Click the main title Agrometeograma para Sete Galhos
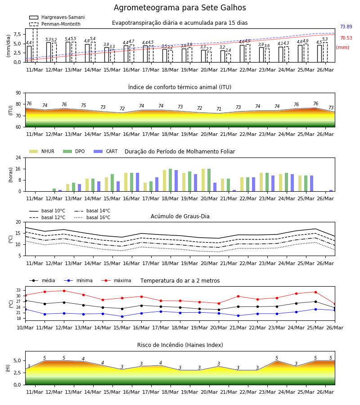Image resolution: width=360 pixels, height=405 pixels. click(x=180, y=8)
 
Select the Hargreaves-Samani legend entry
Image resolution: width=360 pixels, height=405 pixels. click(x=57, y=17)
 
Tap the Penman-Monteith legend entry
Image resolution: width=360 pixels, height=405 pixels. click(x=55, y=24)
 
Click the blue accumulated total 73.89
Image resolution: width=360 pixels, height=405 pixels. click(x=346, y=27)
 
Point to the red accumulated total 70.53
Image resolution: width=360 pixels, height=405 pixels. click(x=346, y=38)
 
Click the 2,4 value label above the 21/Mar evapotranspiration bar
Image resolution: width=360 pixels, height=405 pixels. click(x=228, y=50)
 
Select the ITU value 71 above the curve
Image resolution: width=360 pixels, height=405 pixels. click(x=219, y=109)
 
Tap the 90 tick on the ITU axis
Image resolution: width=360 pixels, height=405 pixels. click(x=18, y=93)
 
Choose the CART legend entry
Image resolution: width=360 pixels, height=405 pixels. click(x=106, y=151)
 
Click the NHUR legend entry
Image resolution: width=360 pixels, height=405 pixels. click(x=42, y=151)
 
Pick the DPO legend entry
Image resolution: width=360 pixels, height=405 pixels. click(x=74, y=151)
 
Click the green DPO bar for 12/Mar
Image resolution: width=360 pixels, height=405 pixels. click(x=54, y=190)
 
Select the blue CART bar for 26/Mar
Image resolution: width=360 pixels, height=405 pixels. click(x=331, y=191)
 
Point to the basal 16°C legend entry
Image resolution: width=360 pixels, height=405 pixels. click(x=92, y=217)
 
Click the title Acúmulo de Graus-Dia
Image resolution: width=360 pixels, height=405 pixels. click(x=180, y=216)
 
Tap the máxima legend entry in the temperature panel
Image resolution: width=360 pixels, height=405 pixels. click(x=116, y=280)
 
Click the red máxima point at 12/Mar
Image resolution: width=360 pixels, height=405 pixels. click(x=64, y=291)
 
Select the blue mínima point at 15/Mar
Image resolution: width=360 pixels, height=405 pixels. click(x=122, y=316)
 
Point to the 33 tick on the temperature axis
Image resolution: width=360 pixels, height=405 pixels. click(x=18, y=290)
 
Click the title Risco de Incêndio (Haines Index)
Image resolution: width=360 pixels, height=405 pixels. click(x=180, y=345)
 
